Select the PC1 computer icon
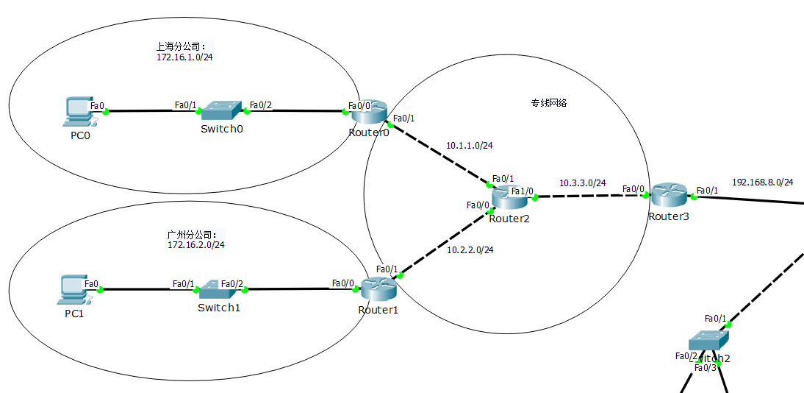tap(74, 290)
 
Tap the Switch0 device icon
tap(221, 111)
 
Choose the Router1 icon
tap(378, 288)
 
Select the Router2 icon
tap(509, 196)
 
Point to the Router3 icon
tap(668, 194)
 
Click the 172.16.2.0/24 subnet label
tap(196, 245)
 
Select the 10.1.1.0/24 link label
tap(469, 146)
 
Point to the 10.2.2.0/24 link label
tap(470, 250)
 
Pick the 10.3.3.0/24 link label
tap(582, 183)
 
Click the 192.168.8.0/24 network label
tap(762, 182)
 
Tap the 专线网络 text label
tap(549, 103)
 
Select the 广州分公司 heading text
tap(193, 235)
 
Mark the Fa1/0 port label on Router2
tap(523, 191)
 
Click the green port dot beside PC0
tap(106, 112)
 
